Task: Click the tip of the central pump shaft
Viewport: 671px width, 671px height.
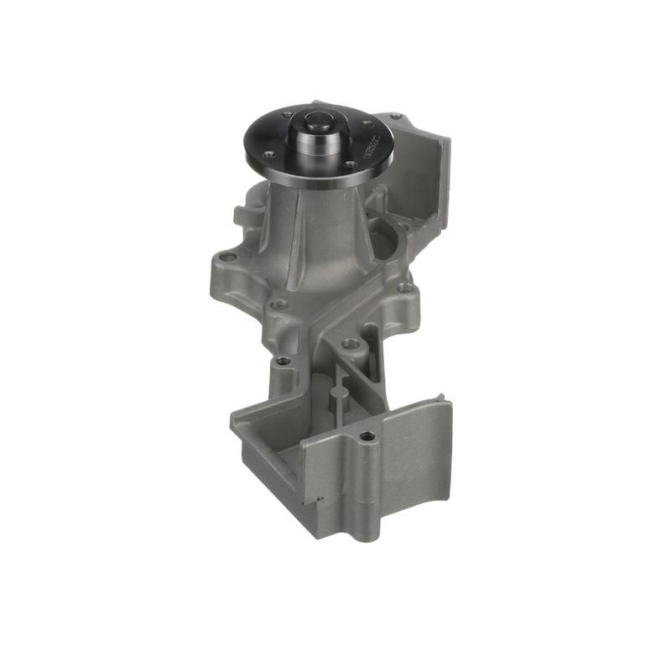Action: (320, 120)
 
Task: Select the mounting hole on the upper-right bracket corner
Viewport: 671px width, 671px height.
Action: (396, 117)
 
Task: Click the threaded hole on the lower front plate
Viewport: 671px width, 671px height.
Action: (365, 437)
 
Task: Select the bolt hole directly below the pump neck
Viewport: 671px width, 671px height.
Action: (280, 304)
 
